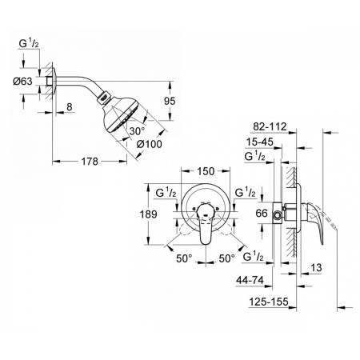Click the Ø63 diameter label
[x=22, y=82]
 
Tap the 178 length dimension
[x=90, y=162]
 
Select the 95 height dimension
[x=170, y=101]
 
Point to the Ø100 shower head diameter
[x=149, y=144]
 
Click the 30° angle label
[x=137, y=131]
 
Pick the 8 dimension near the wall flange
[x=70, y=107]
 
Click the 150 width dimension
[x=206, y=171]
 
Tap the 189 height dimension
[x=148, y=214]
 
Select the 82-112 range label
[x=270, y=126]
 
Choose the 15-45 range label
[x=259, y=142]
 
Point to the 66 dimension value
[x=262, y=213]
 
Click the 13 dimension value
[x=316, y=267]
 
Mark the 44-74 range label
[x=250, y=280]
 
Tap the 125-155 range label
[x=269, y=302]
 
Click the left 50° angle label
[x=184, y=258]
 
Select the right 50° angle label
[x=227, y=258]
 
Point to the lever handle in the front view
[x=205, y=223]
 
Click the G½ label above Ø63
[x=29, y=43]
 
